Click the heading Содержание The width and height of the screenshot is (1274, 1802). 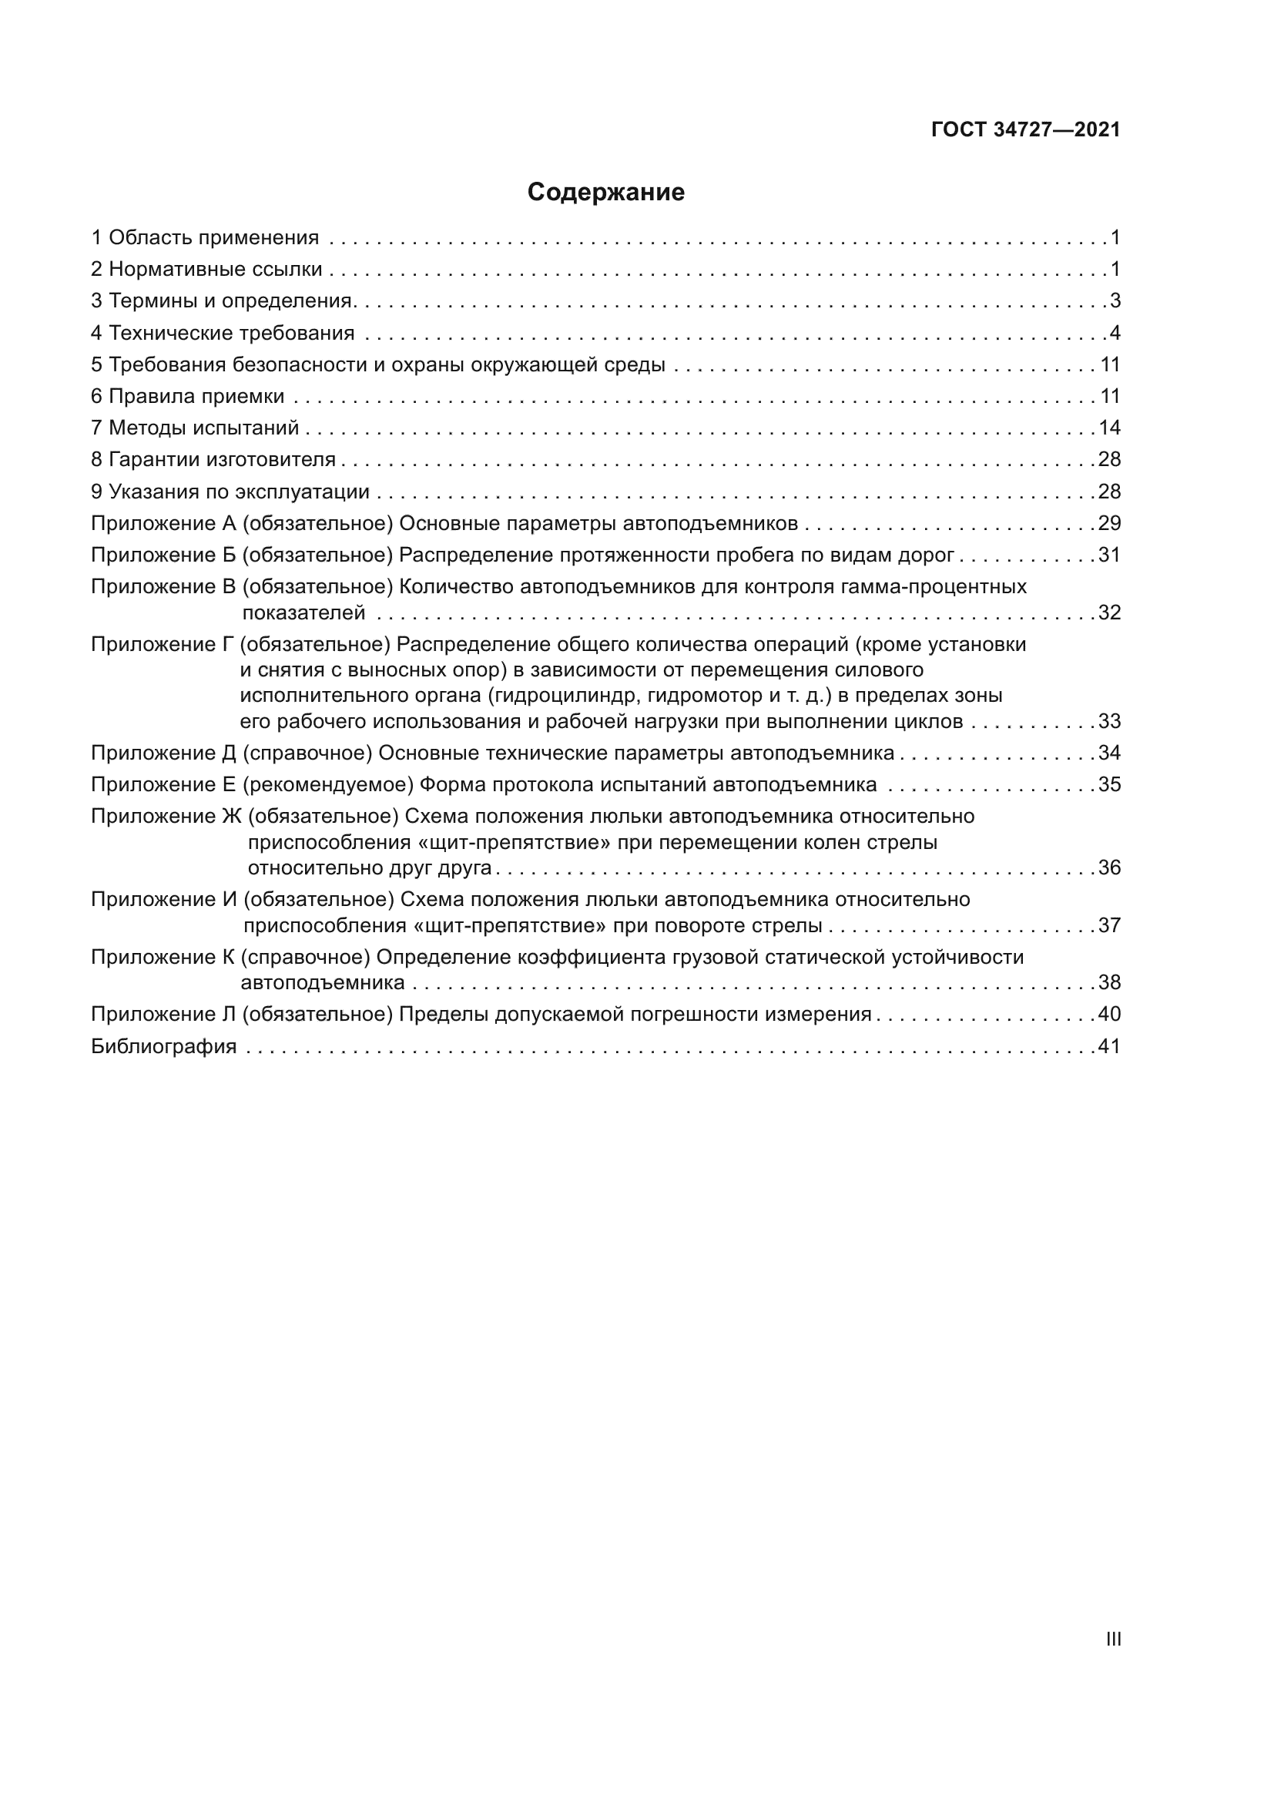coord(605,193)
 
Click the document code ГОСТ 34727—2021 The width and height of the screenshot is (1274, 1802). coord(1025,130)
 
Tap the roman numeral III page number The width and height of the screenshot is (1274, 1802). coord(1113,1639)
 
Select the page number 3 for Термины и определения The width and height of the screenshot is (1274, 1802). coord(1115,301)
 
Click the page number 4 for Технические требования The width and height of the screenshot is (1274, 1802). coord(1115,333)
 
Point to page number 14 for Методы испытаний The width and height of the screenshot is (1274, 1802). coord(1109,428)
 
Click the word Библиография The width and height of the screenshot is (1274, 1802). coord(164,1046)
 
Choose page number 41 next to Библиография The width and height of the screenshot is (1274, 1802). coord(1109,1046)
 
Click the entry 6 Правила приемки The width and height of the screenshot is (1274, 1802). coord(187,396)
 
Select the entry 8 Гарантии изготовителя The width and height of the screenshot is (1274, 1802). coord(213,460)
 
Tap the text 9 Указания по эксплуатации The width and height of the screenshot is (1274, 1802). coord(230,492)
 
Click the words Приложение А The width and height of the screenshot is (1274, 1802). coord(163,523)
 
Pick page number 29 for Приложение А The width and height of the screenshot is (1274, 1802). coord(1109,523)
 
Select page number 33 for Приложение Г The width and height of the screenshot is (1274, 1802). coord(1109,721)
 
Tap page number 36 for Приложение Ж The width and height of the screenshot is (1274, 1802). coord(1109,868)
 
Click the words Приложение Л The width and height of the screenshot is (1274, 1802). coord(163,1015)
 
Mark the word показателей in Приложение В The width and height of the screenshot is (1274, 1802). coord(303,613)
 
